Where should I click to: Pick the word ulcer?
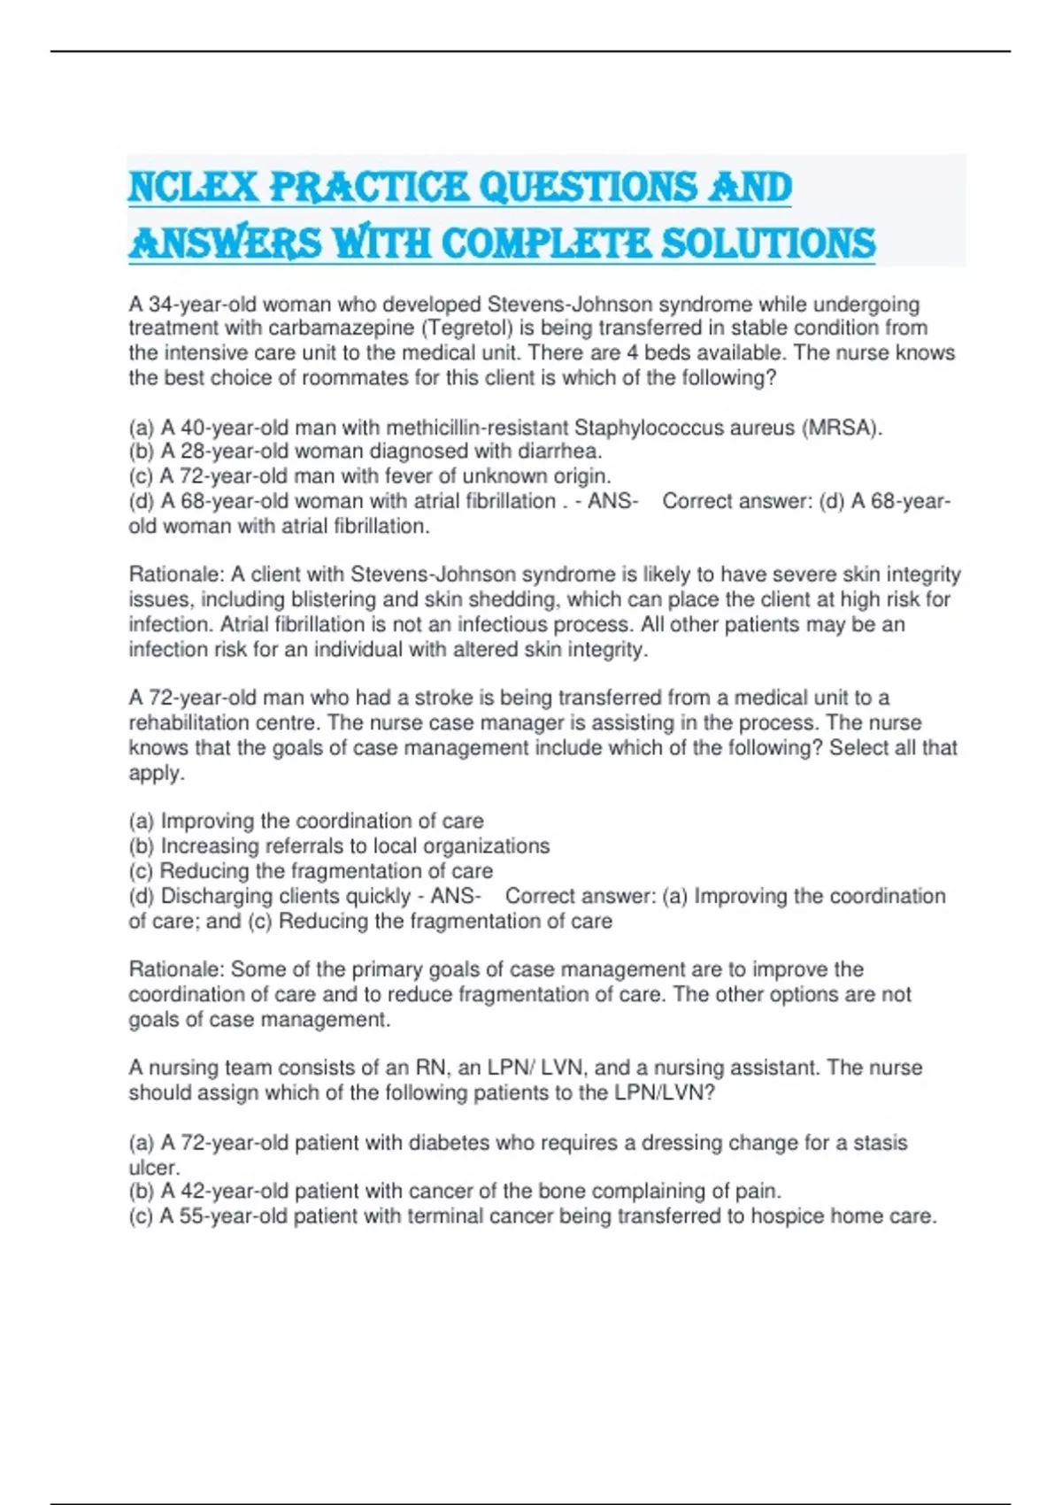(153, 1168)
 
